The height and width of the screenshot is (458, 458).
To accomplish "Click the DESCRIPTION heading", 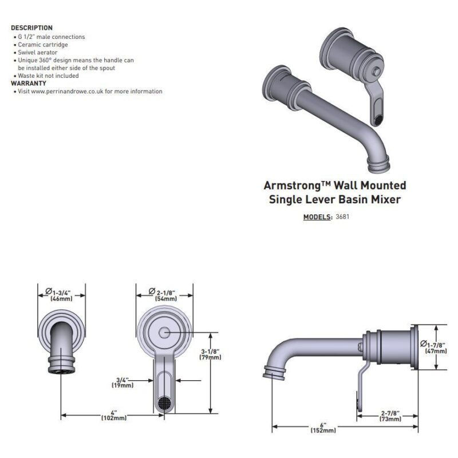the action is (x=32, y=28).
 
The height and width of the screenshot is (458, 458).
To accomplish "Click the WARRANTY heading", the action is (x=29, y=84).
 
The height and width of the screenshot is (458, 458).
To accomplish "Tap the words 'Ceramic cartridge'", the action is (x=43, y=45).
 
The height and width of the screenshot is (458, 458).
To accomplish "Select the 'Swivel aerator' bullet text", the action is (x=38, y=53).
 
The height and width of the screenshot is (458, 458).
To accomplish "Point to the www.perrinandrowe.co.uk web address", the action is (x=67, y=92).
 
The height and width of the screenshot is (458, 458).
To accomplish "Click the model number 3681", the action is (x=342, y=217).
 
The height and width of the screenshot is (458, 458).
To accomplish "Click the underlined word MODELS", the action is (x=317, y=217).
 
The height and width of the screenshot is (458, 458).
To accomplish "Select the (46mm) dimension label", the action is (x=61, y=298).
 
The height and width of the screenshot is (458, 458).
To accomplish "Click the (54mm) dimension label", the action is (x=166, y=298).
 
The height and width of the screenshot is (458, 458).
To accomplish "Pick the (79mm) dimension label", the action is (x=210, y=357).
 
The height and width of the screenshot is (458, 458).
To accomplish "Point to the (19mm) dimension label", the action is (x=123, y=385).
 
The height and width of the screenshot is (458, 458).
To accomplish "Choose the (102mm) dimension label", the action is (x=114, y=418).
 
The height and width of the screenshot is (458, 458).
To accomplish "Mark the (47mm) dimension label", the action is (x=436, y=351).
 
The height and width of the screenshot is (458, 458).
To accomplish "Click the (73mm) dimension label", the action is (x=390, y=419).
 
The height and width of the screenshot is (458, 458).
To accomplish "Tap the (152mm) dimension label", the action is (x=323, y=431).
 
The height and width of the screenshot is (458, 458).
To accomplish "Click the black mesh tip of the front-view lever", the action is (x=164, y=403).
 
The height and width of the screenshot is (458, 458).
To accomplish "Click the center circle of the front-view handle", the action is (x=164, y=333).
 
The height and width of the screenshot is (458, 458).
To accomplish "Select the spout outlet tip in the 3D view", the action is (x=378, y=165).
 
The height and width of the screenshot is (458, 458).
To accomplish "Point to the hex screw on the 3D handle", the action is (x=377, y=71).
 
